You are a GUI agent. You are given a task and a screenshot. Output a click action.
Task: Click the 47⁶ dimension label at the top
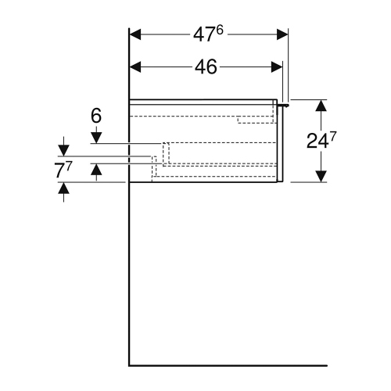(x=207, y=34)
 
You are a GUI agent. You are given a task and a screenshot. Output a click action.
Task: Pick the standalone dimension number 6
(x=95, y=116)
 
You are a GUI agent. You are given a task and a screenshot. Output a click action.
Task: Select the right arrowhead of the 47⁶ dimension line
(x=282, y=34)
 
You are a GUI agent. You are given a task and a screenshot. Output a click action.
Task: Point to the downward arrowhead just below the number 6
(x=95, y=138)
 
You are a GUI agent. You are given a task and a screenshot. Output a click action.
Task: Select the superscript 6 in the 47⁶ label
(x=220, y=30)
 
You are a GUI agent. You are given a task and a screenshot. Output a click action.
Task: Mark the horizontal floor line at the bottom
(x=227, y=365)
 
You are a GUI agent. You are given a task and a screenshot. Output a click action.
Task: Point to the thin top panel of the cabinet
(x=203, y=102)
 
